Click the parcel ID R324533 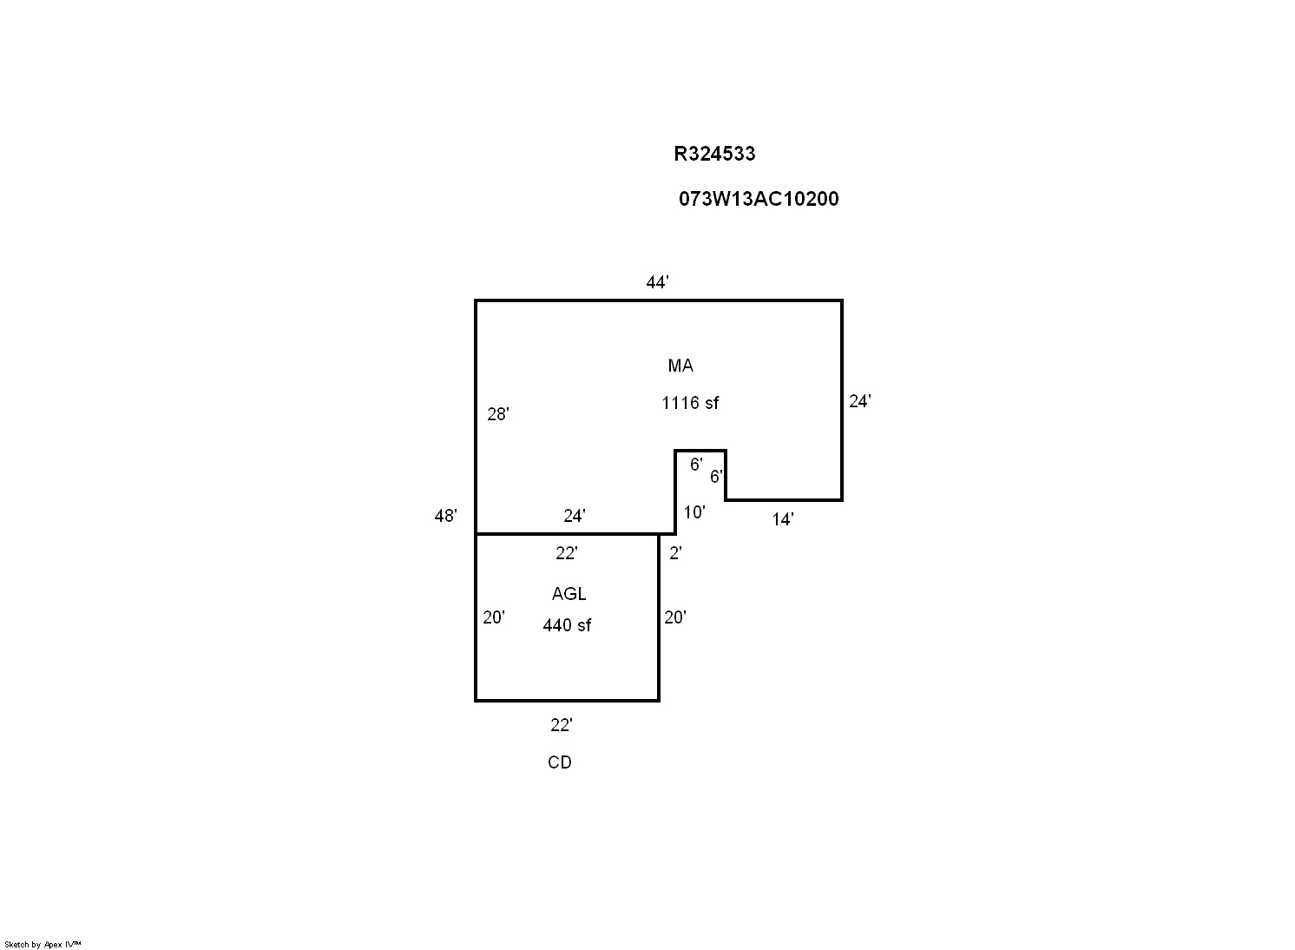pos(714,154)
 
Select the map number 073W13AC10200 pos(759,199)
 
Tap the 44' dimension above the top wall pos(657,282)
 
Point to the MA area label pos(680,366)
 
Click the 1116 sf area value pos(690,403)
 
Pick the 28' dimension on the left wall pos(497,414)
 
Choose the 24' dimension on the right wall pos(859,401)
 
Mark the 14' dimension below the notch pos(782,519)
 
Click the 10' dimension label pos(694,512)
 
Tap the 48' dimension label pos(445,516)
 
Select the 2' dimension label pos(675,553)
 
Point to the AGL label pos(569,594)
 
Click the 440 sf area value pos(567,625)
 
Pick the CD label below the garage pos(560,762)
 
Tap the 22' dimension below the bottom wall pos(561,725)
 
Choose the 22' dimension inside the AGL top pos(566,553)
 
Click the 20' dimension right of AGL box pos(674,617)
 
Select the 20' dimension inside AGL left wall pos(494,617)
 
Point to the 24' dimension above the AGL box pos(574,516)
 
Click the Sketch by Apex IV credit pos(43,944)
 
